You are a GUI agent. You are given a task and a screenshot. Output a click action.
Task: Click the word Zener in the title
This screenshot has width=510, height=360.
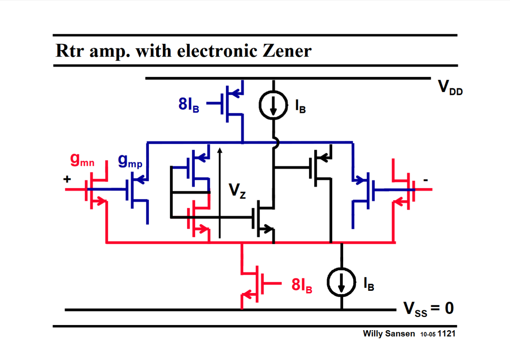287,51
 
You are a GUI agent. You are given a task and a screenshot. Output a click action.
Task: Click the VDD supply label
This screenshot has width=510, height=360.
450,88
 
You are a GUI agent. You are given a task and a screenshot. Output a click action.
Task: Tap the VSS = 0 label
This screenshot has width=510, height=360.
428,309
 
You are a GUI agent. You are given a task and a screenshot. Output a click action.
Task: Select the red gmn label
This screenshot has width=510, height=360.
82,160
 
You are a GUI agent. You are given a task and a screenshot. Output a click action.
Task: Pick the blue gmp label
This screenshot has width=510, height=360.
130,161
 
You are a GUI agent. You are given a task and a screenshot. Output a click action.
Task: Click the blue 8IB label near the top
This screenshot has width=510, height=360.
189,104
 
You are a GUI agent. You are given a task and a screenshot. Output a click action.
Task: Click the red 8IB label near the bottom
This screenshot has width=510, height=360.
302,285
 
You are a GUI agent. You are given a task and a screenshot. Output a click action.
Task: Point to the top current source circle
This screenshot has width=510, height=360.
273,105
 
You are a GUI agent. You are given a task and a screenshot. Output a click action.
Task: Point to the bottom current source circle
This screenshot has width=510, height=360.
341,282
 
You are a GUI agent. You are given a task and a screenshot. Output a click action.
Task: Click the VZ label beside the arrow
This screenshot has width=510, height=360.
237,190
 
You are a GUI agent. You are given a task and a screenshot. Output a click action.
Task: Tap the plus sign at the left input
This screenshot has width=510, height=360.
67,179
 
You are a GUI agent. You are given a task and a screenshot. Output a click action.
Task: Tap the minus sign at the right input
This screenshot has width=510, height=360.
426,180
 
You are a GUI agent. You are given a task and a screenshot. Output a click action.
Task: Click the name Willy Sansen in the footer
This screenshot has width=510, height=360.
388,334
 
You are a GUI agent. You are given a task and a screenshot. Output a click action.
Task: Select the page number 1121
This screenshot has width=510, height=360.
446,334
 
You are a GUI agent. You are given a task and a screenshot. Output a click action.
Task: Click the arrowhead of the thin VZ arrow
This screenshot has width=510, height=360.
220,150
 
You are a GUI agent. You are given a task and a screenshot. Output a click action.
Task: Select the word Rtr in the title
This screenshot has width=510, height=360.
70,51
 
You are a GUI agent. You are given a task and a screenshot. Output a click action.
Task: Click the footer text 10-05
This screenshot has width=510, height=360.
428,334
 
